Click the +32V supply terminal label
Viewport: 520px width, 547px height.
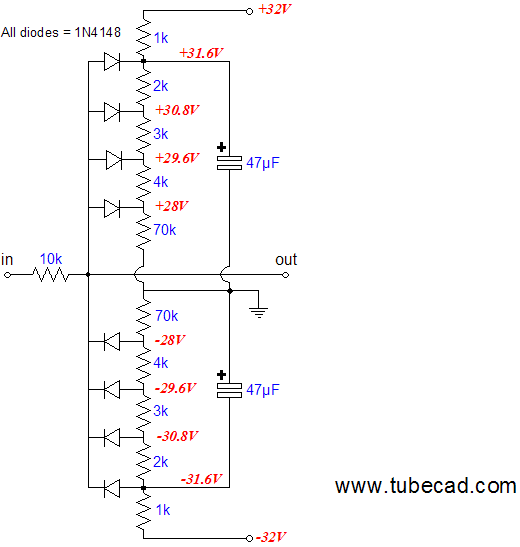click(275, 9)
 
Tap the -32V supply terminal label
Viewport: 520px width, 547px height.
click(271, 537)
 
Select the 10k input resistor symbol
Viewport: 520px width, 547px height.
click(51, 274)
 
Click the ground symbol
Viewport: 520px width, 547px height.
click(259, 312)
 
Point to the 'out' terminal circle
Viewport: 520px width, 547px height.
click(286, 274)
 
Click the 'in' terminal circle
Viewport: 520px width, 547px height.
click(7, 275)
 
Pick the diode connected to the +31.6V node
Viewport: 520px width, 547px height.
click(112, 62)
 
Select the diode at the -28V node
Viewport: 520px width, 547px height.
click(112, 341)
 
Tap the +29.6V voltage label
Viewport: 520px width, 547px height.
click(177, 158)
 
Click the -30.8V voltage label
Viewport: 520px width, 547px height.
click(177, 436)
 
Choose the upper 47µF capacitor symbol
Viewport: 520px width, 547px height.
click(229, 163)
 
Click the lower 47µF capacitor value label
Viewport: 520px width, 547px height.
click(263, 390)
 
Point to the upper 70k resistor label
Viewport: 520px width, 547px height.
click(165, 230)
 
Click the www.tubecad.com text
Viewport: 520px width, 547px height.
click(426, 485)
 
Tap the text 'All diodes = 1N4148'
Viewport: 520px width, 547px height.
click(61, 33)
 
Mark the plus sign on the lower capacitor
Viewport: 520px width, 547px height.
click(221, 375)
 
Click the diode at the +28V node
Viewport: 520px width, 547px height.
click(112, 208)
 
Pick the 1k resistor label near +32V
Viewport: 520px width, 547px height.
click(161, 38)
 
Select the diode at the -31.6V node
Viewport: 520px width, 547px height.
click(112, 488)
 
